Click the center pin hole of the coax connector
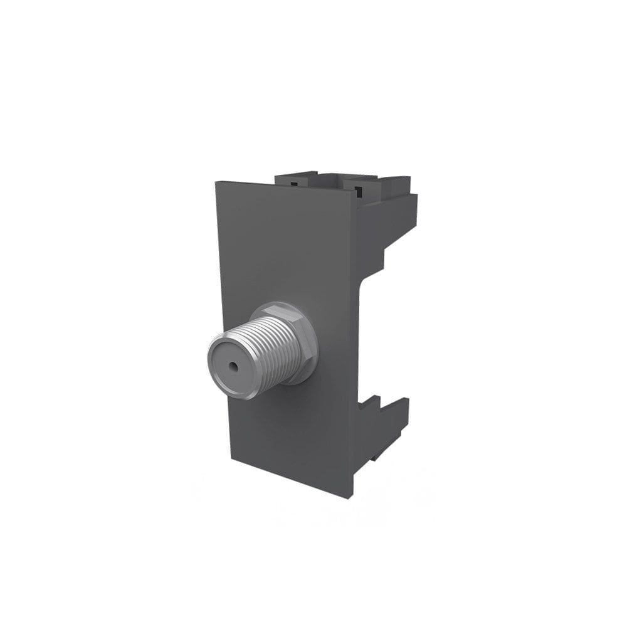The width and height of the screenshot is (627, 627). coord(233,364)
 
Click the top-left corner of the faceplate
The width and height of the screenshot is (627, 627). coord(216,182)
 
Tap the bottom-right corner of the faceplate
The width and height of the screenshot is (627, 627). coord(351,498)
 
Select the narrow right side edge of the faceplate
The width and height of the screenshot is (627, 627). coord(354,345)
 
